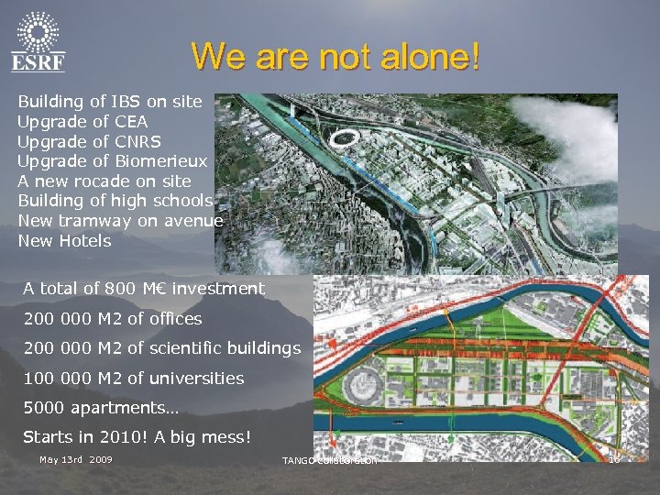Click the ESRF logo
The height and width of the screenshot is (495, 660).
point(38,41)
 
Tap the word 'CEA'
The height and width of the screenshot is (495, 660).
point(131,121)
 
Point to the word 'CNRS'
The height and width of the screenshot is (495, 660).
point(137,141)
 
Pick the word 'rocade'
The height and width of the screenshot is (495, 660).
point(93,181)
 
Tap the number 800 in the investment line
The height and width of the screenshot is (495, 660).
point(124,289)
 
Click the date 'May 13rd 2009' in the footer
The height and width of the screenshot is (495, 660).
point(76,458)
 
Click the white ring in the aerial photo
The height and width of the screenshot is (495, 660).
point(346,139)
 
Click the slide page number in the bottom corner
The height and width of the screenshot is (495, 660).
point(615,458)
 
